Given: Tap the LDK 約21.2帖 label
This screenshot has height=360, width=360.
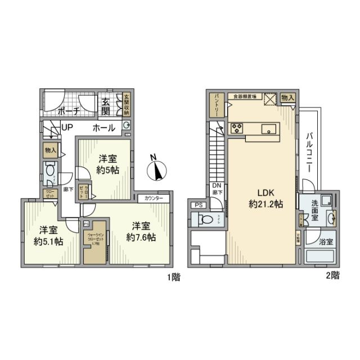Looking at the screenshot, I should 262,197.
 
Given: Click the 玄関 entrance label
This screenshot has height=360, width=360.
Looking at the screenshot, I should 106,105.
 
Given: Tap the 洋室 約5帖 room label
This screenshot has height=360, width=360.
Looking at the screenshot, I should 106,164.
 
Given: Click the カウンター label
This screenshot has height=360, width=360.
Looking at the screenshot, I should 154,199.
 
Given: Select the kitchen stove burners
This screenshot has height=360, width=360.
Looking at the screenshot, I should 236,129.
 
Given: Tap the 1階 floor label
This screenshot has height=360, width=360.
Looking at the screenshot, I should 173,277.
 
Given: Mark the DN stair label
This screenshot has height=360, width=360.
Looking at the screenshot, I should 217,187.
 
